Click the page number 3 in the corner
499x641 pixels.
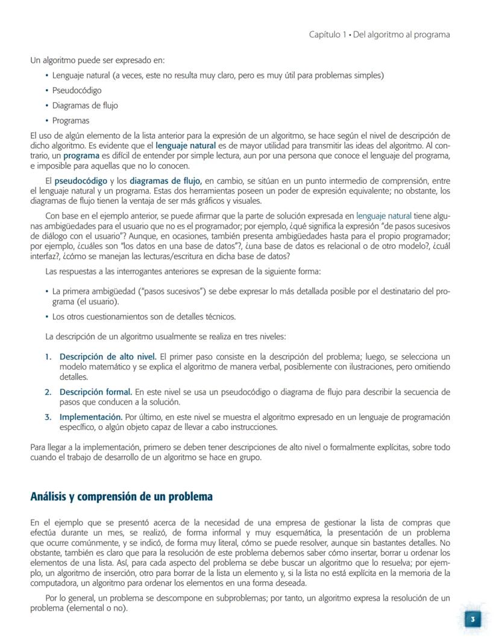473,619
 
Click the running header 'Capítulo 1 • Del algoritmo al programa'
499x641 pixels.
379,34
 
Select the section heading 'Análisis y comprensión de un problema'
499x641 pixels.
121,497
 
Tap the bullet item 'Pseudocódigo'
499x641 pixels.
77,90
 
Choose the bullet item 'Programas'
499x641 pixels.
71,120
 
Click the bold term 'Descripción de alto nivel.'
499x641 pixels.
108,356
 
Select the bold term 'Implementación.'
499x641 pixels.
90,417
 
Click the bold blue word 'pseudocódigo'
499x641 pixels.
81,181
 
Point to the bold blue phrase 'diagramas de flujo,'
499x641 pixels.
167,181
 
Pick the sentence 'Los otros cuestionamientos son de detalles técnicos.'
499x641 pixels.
143,316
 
